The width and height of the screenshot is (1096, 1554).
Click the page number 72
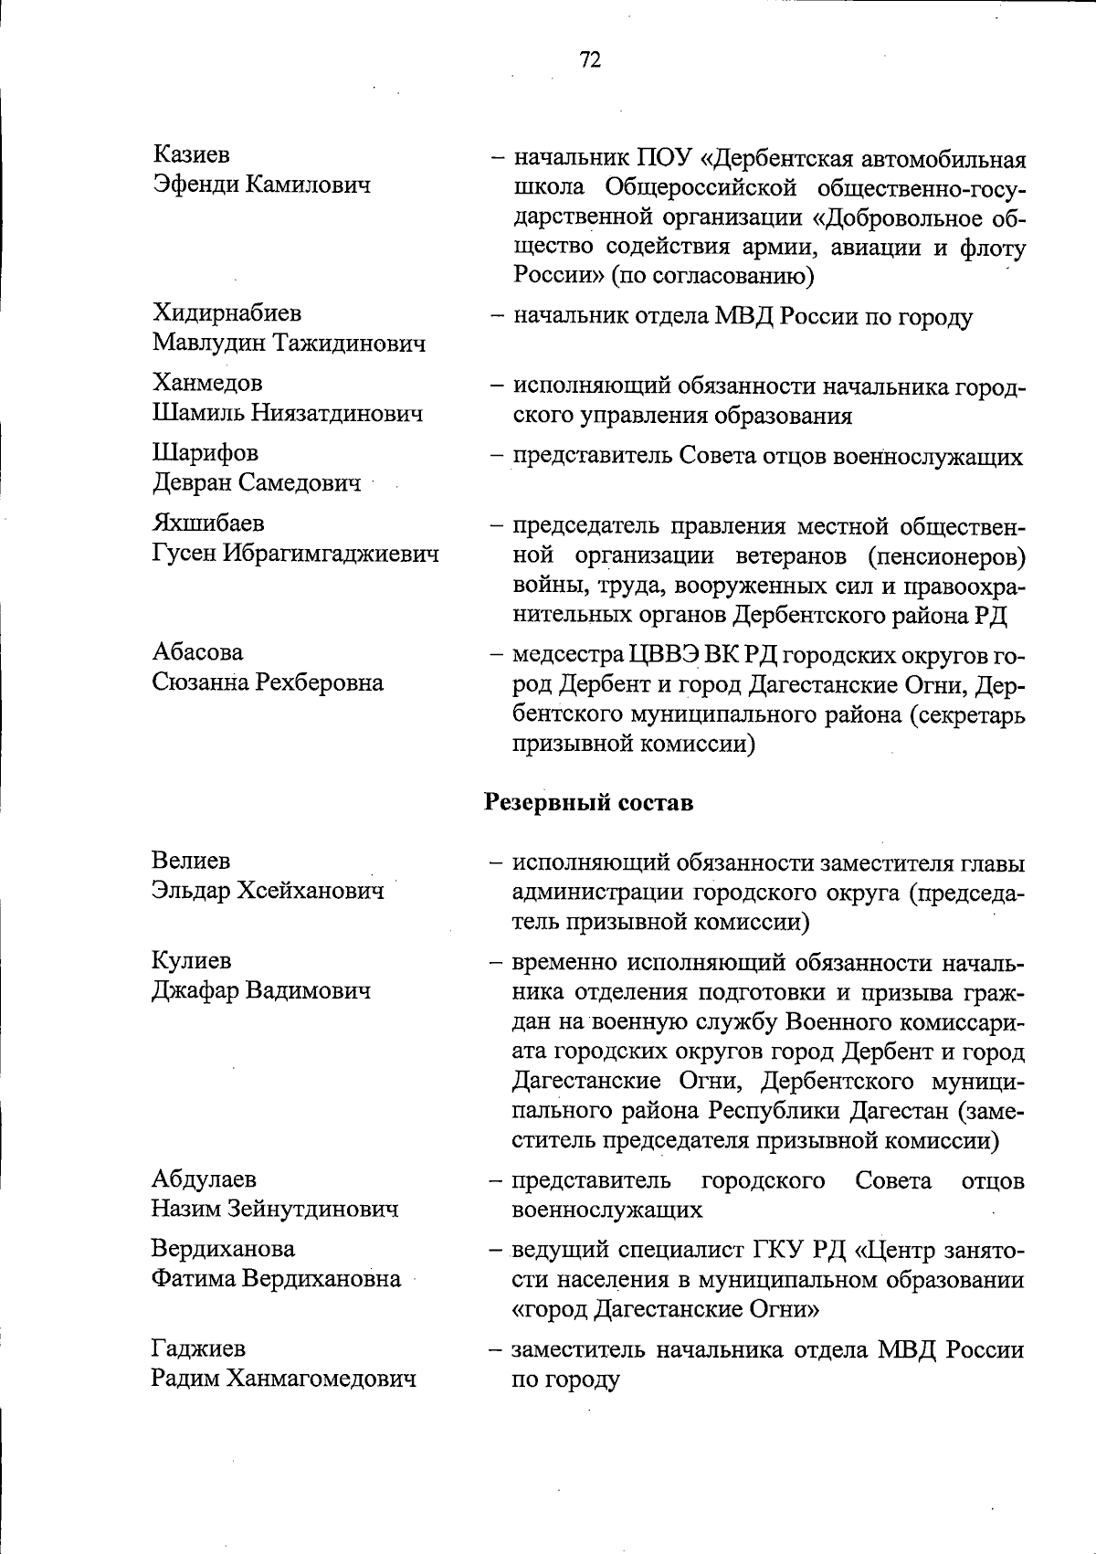click(590, 59)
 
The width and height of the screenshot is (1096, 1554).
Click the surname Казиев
click(191, 154)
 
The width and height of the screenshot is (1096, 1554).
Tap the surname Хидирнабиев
click(227, 313)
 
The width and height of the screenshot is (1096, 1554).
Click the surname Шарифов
click(205, 453)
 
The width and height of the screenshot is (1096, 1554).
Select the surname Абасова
click(197, 652)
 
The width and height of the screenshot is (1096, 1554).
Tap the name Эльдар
click(191, 890)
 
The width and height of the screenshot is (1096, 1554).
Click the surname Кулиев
click(191, 960)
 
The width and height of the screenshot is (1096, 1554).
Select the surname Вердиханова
click(223, 1248)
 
